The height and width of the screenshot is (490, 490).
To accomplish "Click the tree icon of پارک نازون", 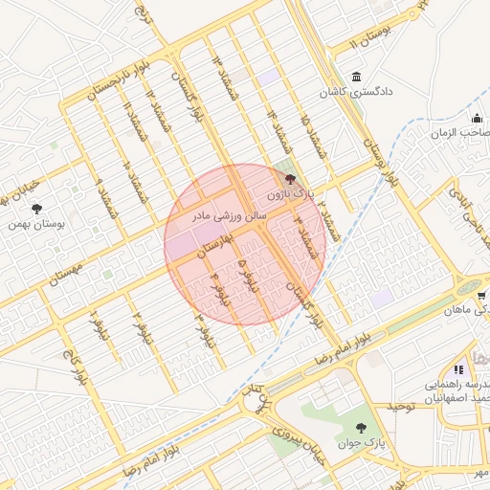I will pos(291,178).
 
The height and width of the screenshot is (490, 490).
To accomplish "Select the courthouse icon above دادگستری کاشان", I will pos(357,77).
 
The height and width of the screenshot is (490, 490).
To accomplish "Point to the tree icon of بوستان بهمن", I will pos(37,208).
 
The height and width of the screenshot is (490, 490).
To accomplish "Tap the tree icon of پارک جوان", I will pos(360,428).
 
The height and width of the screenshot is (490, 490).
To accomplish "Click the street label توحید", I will pos(404,407).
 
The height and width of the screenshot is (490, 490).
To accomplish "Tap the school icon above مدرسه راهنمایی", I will pos(458,369).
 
